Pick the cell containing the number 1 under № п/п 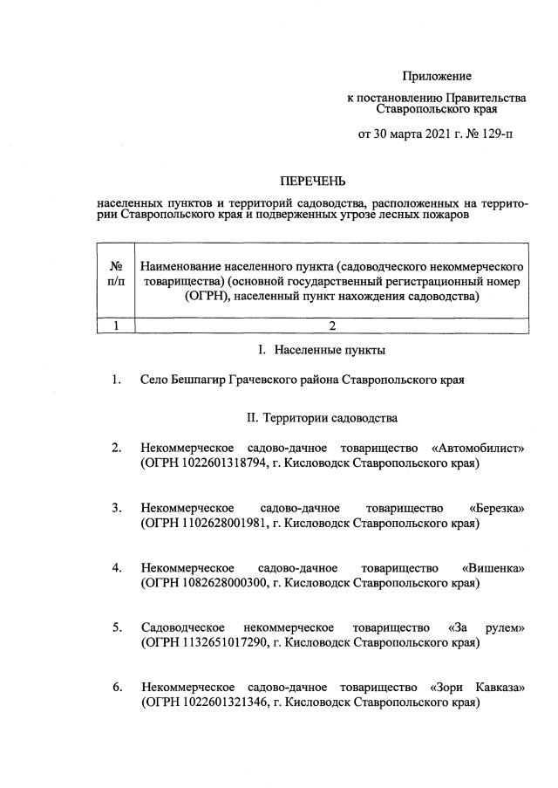pyautogui.click(x=114, y=326)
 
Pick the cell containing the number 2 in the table pyautogui.click(x=331, y=326)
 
